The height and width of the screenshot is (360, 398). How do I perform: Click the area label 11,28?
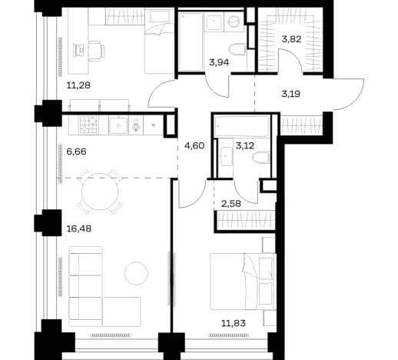click(78, 85)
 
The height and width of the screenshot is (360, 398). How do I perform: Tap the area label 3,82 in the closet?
click(291, 39)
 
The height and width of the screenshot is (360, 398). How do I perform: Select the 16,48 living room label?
click(78, 228)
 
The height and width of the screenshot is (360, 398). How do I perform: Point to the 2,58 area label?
click(231, 204)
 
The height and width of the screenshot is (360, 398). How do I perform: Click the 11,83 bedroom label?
click(234, 323)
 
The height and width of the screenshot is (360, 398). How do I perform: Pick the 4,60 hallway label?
click(194, 145)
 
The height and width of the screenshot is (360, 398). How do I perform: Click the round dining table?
click(100, 192)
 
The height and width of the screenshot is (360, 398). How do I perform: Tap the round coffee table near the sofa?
click(136, 273)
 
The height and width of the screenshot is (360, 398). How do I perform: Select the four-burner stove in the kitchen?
click(89, 125)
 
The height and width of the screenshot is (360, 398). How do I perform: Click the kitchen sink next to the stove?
click(118, 125)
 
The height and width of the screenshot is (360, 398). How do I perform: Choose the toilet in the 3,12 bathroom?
click(261, 157)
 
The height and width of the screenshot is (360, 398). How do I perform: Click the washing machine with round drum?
click(234, 22)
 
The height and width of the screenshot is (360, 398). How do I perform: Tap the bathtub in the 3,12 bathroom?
click(242, 126)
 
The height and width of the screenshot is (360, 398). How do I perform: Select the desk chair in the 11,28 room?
click(98, 51)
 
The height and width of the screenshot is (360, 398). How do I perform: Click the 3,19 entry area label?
click(291, 94)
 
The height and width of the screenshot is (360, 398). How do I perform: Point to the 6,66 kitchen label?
click(76, 152)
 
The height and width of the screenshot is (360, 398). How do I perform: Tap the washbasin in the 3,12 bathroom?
click(227, 156)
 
